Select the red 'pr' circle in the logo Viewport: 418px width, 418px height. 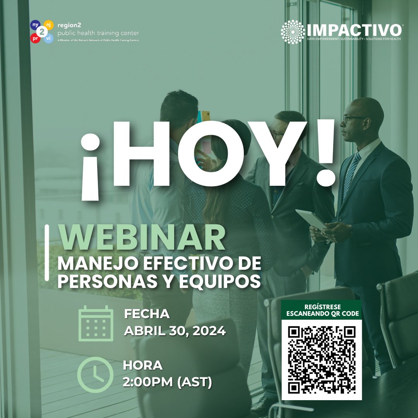coord(34,39)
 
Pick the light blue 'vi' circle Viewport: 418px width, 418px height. coord(48,38)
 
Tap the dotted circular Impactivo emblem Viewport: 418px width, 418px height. coord(293,32)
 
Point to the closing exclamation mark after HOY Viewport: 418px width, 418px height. coord(324,153)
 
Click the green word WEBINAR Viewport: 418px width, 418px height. coord(142,238)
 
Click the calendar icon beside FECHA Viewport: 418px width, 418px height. coord(96,324)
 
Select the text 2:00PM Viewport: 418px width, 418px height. coord(147,382)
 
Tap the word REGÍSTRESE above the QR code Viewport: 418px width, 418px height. coord(322,307)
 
